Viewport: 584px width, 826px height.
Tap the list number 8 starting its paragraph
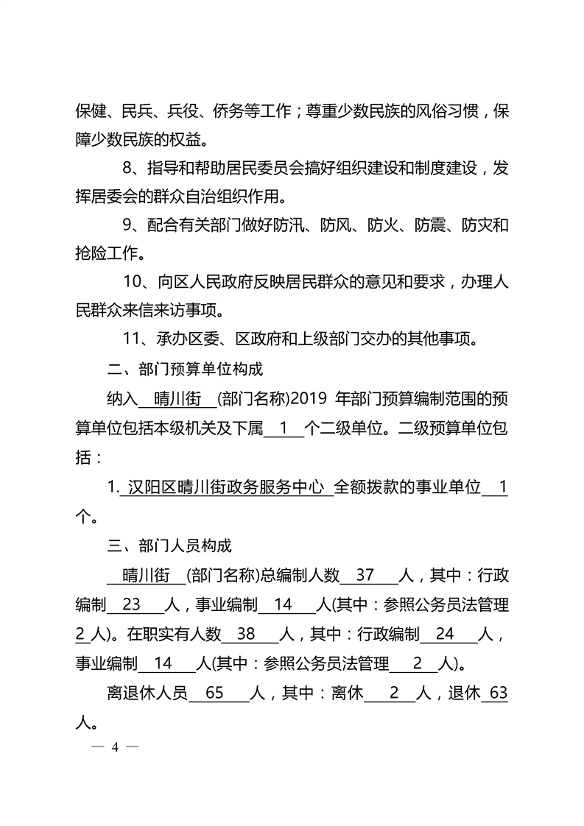[x=127, y=168]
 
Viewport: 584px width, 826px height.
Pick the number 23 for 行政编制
[x=131, y=604]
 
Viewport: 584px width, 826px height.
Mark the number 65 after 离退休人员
[x=210, y=693]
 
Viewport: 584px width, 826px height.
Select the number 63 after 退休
[x=499, y=693]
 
